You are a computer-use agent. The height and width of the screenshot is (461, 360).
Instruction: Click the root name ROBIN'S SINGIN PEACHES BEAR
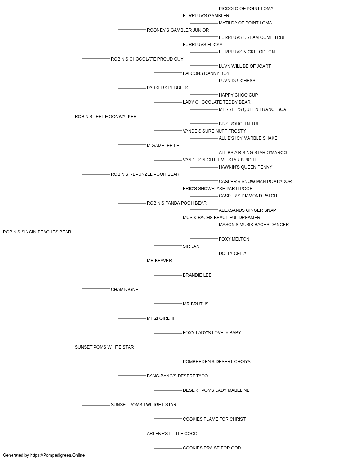(x=37, y=232)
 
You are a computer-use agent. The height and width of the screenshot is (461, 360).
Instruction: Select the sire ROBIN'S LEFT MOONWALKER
(x=105, y=117)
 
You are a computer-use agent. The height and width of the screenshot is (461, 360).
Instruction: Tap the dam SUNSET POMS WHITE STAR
(x=104, y=347)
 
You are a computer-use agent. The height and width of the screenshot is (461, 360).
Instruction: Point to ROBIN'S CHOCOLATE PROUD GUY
(x=147, y=59)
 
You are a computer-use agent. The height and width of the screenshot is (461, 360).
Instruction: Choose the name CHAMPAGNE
(x=125, y=290)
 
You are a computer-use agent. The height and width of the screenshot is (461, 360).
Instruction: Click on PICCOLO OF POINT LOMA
(x=246, y=9)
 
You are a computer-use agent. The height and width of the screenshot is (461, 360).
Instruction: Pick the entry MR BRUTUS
(x=195, y=304)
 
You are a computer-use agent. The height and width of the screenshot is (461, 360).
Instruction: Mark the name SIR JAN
(x=191, y=246)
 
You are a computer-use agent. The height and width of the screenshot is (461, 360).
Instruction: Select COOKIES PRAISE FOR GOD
(x=212, y=448)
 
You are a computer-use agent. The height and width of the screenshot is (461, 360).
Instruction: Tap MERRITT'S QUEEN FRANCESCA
(x=252, y=109)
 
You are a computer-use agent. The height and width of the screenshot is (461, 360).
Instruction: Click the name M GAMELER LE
(x=163, y=146)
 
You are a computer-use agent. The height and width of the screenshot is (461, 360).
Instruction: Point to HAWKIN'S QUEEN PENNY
(x=245, y=167)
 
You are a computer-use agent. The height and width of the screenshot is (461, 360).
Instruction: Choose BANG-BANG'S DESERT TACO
(x=177, y=376)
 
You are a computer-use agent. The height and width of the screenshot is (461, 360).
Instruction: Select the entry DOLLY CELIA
(x=232, y=254)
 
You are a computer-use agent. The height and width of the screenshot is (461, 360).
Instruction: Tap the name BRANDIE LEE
(x=197, y=275)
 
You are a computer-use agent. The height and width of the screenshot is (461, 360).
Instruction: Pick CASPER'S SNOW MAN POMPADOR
(x=255, y=182)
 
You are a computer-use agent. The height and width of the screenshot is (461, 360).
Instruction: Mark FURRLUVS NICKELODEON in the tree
(x=247, y=52)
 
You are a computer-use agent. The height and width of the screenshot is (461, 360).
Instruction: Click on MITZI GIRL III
(x=160, y=318)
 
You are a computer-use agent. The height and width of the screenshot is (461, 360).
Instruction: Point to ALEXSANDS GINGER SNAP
(x=247, y=210)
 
